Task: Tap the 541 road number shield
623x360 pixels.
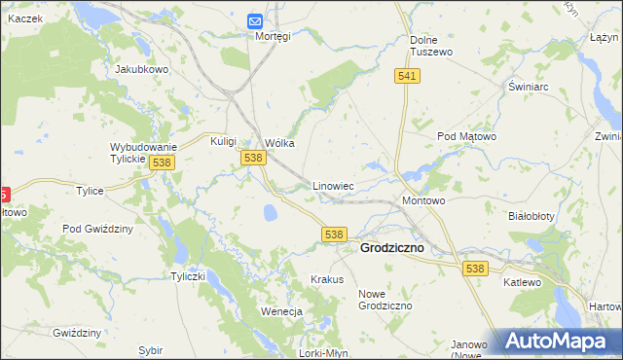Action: click(408, 76)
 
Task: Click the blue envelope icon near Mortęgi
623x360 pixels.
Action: click(255, 20)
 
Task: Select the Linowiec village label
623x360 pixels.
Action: click(332, 185)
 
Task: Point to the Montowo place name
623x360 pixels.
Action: click(423, 200)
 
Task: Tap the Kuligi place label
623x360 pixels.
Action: click(224, 141)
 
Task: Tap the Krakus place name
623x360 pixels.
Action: click(327, 279)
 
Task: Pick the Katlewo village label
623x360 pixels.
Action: click(522, 282)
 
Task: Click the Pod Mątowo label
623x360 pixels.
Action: click(466, 137)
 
